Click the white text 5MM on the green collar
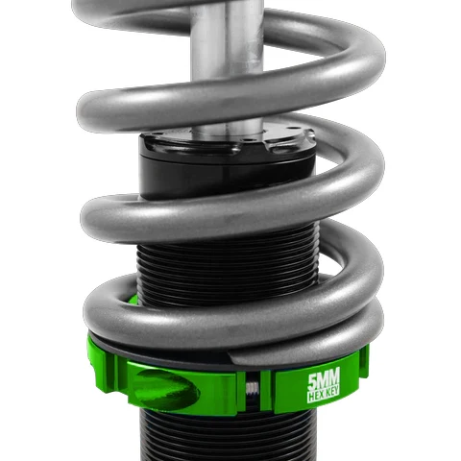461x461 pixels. click(x=324, y=378)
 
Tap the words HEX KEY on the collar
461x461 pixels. click(x=324, y=396)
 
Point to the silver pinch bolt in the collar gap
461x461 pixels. click(x=253, y=388)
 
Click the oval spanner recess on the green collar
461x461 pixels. click(x=167, y=390)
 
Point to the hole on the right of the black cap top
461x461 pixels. click(x=289, y=129)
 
